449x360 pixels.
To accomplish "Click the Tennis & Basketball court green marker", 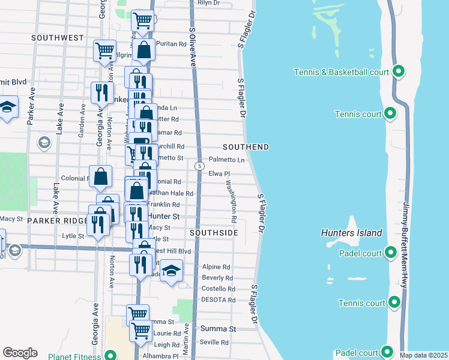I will pyautogui.click(x=398, y=72).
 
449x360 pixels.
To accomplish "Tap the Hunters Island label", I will pyautogui.click(x=351, y=233).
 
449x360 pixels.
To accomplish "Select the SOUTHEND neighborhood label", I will pyautogui.click(x=245, y=147).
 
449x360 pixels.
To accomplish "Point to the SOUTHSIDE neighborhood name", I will pyautogui.click(x=214, y=232).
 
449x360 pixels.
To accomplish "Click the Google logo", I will pyautogui.click(x=20, y=353).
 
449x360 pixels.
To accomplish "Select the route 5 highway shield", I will pyautogui.click(x=199, y=164).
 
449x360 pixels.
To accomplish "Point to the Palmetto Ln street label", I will pyautogui.click(x=226, y=160).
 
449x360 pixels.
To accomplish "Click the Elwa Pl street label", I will pyautogui.click(x=219, y=173).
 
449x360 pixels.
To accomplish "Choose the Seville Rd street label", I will pyautogui.click(x=215, y=343).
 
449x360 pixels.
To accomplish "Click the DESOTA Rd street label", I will pyautogui.click(x=218, y=299).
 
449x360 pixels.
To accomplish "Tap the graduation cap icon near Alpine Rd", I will pyautogui.click(x=172, y=271).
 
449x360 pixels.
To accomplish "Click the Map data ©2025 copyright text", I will pyautogui.click(x=423, y=355).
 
